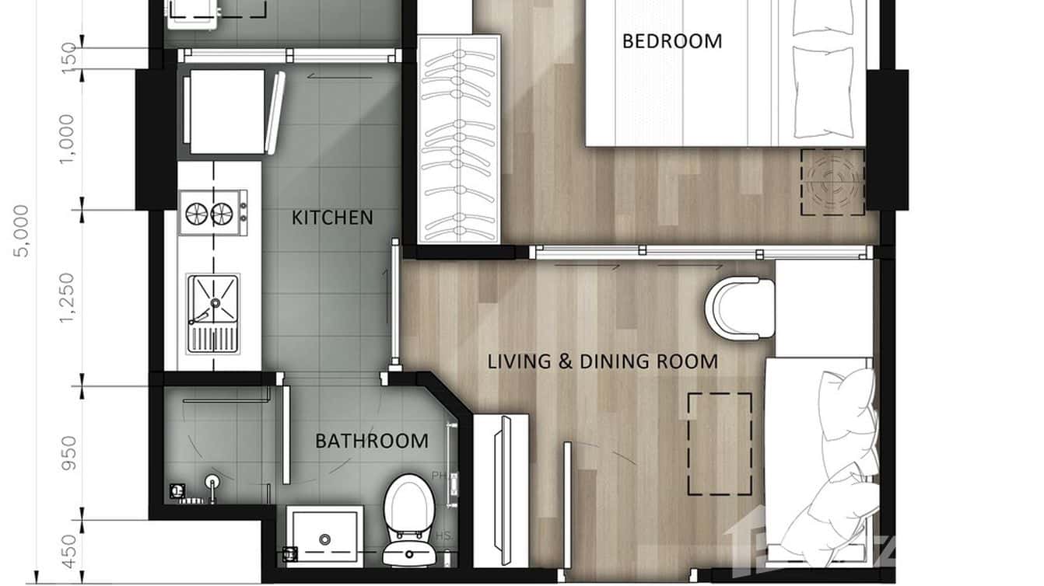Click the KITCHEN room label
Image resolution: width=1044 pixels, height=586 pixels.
coord(332,218)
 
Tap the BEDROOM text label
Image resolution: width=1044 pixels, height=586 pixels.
coord(672,41)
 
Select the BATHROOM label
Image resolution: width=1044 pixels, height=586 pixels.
coord(371,441)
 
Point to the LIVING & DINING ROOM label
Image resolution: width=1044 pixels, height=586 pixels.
coord(602,361)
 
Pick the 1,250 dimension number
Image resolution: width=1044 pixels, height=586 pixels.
coord(68,296)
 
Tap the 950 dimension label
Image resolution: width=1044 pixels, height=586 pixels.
coord(68,452)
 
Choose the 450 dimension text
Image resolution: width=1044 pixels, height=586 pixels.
coord(68,551)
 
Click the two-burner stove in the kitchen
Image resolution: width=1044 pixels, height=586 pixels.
coord(211,211)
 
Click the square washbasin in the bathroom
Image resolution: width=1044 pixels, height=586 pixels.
coord(324,535)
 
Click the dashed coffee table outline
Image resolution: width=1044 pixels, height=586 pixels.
coord(720,444)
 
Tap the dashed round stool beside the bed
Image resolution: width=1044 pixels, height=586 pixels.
coord(833,182)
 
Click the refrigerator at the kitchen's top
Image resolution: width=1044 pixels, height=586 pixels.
coord(226,112)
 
